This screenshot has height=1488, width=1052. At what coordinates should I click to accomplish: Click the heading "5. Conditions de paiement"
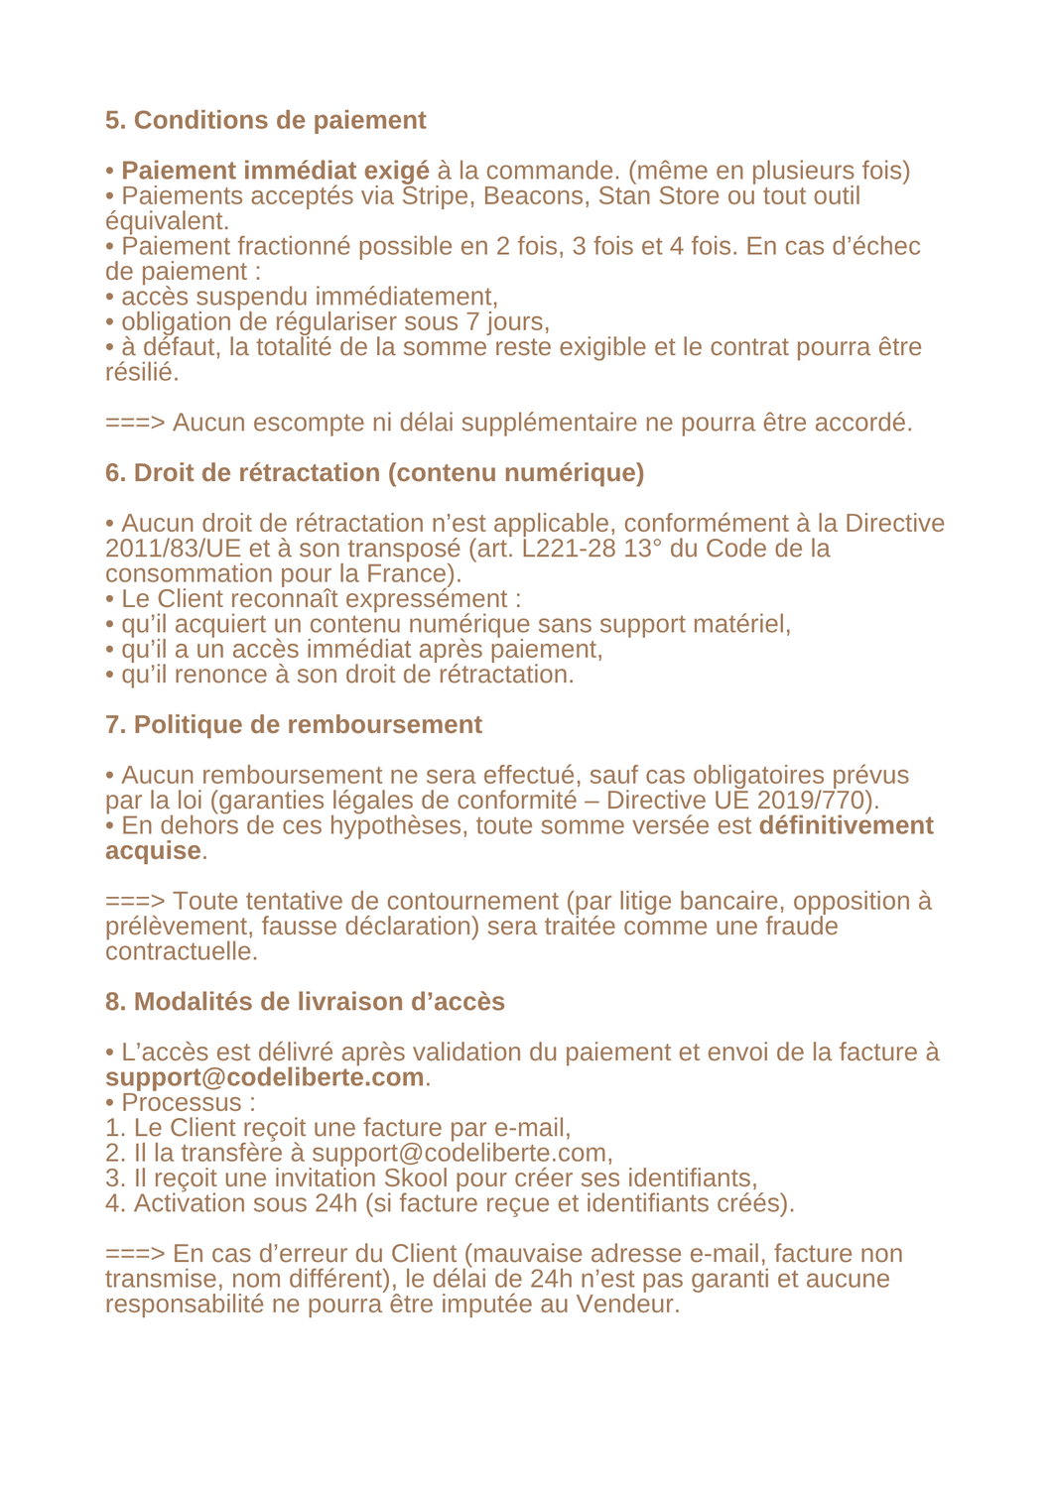pyautogui.click(x=265, y=120)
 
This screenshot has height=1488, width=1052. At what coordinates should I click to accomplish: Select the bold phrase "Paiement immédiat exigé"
pyautogui.click(x=275, y=171)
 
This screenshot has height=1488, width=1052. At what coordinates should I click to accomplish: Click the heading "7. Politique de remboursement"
pyautogui.click(x=293, y=725)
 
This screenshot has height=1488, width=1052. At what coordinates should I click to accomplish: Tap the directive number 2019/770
pyautogui.click(x=815, y=801)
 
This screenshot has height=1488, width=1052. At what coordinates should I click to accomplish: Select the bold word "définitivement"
pyautogui.click(x=846, y=825)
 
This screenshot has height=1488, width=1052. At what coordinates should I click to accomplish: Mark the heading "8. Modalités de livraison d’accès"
pyautogui.click(x=305, y=1002)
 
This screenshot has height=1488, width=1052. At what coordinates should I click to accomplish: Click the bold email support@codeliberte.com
pyautogui.click(x=265, y=1077)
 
